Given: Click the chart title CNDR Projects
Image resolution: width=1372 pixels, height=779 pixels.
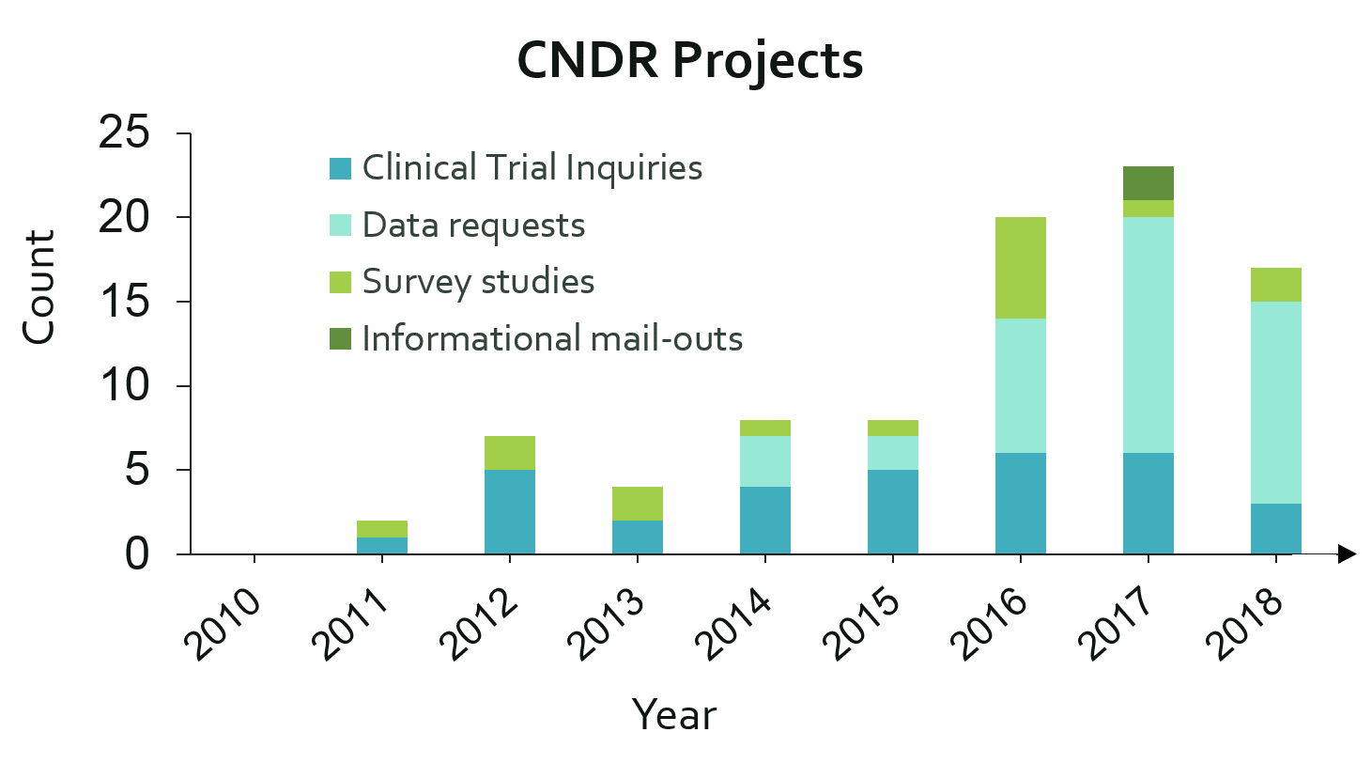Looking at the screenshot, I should click(x=690, y=61).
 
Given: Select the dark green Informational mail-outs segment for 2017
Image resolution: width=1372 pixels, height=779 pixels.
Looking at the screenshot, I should click(x=1148, y=183).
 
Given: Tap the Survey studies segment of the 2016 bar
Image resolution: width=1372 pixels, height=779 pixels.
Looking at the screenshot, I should click(x=1020, y=269).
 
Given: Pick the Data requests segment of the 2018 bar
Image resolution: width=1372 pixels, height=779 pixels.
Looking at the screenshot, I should click(x=1275, y=402).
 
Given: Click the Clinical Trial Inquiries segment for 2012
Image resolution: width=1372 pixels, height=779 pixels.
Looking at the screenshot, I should click(x=509, y=512).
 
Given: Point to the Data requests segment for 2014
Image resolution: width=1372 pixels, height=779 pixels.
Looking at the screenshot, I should click(x=764, y=461).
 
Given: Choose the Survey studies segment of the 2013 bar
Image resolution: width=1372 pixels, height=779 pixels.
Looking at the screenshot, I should click(x=637, y=504).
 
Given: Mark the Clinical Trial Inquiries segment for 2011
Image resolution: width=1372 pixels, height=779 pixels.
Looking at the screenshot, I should click(x=381, y=546).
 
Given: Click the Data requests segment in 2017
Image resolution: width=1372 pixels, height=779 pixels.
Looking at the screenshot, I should click(x=1148, y=335).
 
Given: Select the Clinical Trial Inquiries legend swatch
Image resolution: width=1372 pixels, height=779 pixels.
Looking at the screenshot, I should click(x=340, y=169).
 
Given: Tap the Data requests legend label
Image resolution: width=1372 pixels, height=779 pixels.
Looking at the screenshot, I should click(x=473, y=226).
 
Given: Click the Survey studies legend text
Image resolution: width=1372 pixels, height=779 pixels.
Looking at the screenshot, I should click(x=478, y=282).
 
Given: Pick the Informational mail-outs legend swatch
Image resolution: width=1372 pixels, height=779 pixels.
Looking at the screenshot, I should click(x=340, y=338).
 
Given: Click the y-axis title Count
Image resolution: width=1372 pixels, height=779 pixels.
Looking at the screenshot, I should click(x=39, y=288).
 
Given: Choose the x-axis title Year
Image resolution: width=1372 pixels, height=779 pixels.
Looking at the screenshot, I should click(x=674, y=715).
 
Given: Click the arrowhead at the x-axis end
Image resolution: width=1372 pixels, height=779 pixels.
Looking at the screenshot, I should click(x=1347, y=554).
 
